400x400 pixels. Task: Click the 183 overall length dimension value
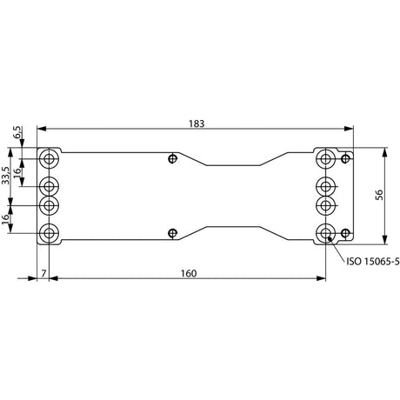click(x=197, y=123)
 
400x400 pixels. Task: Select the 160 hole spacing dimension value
click(x=189, y=273)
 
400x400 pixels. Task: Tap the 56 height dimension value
click(x=379, y=195)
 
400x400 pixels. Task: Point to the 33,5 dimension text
click(x=6, y=176)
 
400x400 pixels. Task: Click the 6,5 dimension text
click(x=17, y=132)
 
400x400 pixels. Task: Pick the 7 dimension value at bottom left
click(x=43, y=273)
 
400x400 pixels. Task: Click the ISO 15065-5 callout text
click(x=373, y=262)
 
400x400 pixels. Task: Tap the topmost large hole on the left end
click(x=50, y=158)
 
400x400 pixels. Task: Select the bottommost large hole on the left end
click(x=50, y=233)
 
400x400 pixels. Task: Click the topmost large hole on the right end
click(x=326, y=158)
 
